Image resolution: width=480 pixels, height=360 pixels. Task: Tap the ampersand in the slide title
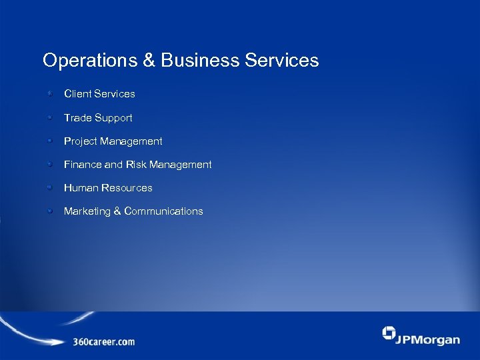click(149, 61)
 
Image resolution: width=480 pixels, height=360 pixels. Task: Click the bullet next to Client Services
click(49, 94)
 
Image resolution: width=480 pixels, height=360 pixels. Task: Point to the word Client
click(78, 94)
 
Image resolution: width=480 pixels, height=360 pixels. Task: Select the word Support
click(114, 118)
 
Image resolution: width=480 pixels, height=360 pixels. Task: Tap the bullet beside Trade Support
click(49, 117)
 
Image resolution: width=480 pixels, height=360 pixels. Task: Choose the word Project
click(81, 141)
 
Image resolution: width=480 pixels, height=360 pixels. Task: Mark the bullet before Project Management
click(49, 141)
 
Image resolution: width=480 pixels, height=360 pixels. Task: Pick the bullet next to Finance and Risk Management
click(49, 164)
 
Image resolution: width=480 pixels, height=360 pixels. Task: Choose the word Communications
click(163, 211)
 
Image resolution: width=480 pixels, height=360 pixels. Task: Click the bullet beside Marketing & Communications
click(49, 211)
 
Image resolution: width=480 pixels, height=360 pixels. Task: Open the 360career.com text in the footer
click(104, 342)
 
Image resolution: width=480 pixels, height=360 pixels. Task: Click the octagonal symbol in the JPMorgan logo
click(389, 333)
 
